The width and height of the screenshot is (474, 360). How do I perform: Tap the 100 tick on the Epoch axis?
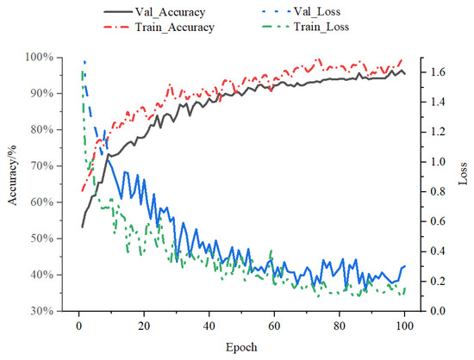[404, 326]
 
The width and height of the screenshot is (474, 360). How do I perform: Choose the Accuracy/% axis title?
[11, 183]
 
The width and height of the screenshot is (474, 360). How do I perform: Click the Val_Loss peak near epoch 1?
[84, 61]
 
